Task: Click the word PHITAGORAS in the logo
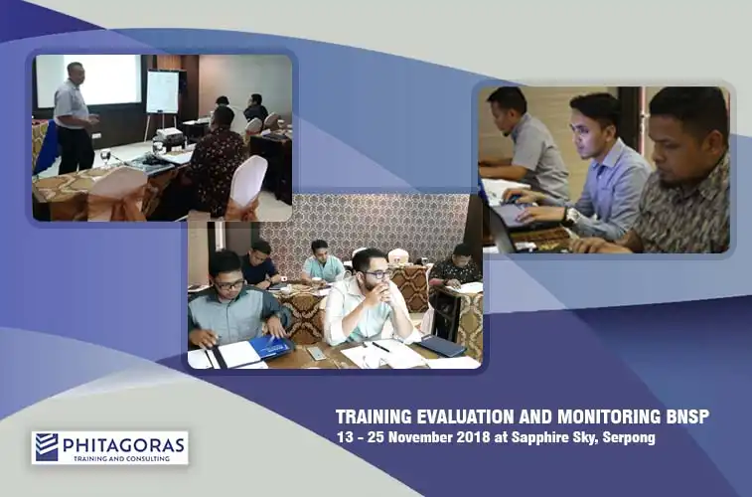(123, 444)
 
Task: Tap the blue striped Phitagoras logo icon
(47, 447)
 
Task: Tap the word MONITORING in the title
(609, 416)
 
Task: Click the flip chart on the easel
(163, 91)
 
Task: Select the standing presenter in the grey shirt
(73, 117)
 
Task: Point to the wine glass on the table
(105, 158)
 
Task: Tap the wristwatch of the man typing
(570, 216)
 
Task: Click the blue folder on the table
(271, 347)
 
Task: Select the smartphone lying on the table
(317, 353)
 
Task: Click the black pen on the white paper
(380, 346)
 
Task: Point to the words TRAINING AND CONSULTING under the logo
(121, 458)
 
